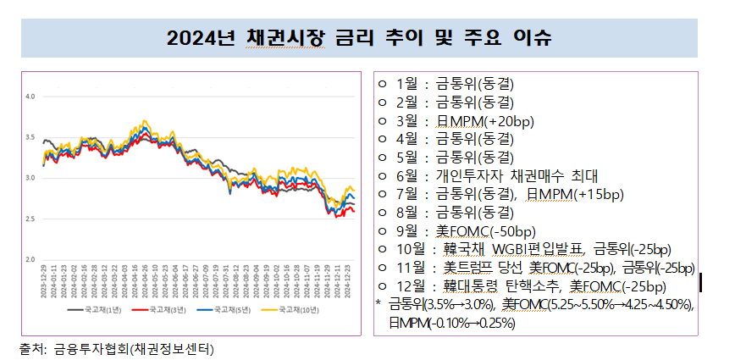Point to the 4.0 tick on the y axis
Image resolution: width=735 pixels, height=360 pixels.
(x=30, y=97)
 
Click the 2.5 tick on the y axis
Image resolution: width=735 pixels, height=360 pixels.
(x=30, y=219)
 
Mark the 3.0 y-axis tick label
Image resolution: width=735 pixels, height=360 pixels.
(x=30, y=178)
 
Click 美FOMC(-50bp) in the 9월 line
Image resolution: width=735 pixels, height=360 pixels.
(x=485, y=230)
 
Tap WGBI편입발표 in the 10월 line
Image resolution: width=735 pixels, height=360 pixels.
(x=542, y=249)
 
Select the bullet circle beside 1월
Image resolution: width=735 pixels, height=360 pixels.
(x=382, y=84)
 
